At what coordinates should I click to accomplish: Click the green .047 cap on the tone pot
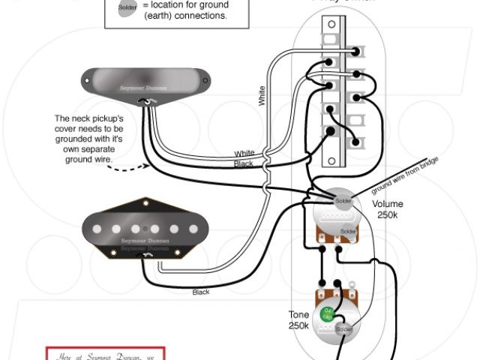pos(327,313)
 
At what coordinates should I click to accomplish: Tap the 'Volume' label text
pos(387,204)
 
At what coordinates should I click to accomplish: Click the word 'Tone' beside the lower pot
pos(298,315)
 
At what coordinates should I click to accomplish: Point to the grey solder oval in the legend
pos(127,8)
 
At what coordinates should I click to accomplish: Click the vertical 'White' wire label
pos(262,95)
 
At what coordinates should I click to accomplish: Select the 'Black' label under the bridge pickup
pos(201,292)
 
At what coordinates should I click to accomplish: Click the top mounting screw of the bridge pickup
pos(142,203)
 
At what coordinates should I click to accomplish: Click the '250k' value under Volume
pos(387,215)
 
